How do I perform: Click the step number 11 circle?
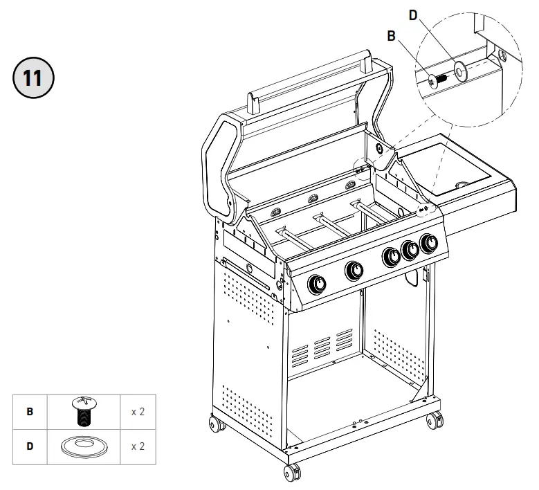point(33,76)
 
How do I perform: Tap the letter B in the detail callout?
point(391,37)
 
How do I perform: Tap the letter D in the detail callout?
point(413,15)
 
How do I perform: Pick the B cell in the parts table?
point(30,411)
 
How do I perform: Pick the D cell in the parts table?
point(30,446)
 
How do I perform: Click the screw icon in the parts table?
point(83,410)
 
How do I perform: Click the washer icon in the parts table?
point(83,446)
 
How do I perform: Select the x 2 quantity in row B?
point(138,411)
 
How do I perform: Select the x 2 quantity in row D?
point(138,446)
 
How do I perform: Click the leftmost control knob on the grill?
point(319,284)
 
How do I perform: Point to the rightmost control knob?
point(430,243)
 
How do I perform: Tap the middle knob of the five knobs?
point(391,256)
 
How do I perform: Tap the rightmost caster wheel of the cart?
point(435,420)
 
